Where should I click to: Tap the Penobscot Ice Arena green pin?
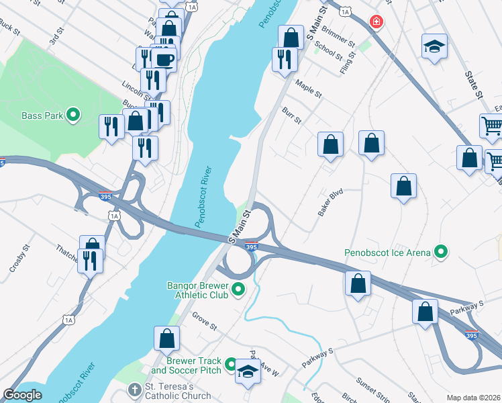coord(441,253)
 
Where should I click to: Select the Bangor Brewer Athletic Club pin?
coord(238,290)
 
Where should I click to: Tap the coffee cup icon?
coord(164,59)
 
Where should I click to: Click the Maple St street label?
coord(309,87)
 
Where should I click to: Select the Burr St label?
coord(291,115)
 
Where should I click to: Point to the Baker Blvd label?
coord(330,201)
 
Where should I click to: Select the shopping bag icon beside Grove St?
coord(166,340)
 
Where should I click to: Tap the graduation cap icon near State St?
coord(434,47)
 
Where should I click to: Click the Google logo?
coord(23,395)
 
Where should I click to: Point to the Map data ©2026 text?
coord(473,398)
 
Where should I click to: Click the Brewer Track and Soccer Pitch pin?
coord(230,365)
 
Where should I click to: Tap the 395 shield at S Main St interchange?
coord(251,247)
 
